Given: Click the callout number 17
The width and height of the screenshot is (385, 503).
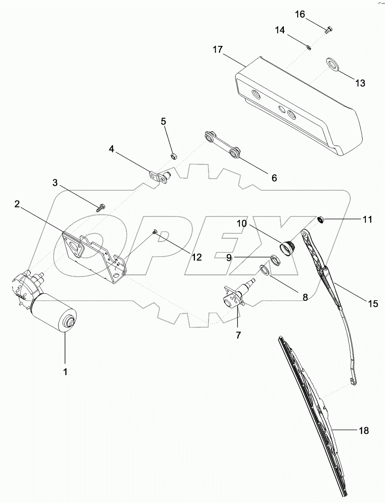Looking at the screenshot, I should click(x=218, y=50).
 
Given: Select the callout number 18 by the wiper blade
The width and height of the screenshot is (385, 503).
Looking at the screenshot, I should click(x=363, y=431).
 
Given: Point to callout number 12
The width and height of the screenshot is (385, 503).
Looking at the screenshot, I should click(x=197, y=257).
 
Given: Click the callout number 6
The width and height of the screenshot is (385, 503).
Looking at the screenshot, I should click(x=274, y=178).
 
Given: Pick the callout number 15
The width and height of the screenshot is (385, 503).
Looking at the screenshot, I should click(x=373, y=303).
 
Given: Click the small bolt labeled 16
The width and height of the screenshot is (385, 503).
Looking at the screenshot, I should click(x=329, y=28).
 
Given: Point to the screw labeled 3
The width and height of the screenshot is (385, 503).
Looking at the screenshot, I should click(x=100, y=208).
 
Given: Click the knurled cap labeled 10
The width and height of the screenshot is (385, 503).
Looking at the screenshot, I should click(x=288, y=247).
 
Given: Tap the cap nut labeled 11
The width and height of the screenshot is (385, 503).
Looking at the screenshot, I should click(x=321, y=220).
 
